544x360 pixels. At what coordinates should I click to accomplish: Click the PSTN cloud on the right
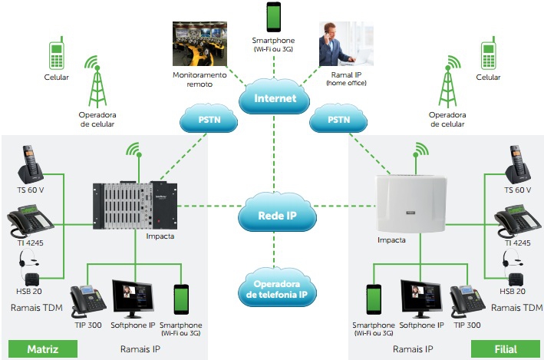pos(338,120)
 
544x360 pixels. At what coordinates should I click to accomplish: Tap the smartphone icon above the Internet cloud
pos(273,17)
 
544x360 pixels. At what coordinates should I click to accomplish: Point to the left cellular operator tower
pos(96,81)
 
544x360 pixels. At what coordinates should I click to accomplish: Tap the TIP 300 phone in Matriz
pos(87,301)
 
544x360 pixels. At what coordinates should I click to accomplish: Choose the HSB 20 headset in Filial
pos(513,270)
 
